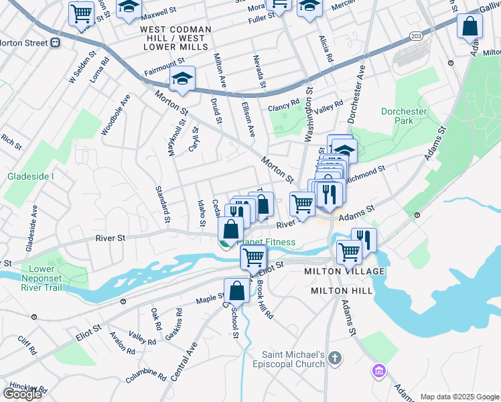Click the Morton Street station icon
point(56,43)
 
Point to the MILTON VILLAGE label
point(344,271)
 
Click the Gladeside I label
point(30,176)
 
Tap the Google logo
point(23,393)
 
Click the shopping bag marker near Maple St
point(236,291)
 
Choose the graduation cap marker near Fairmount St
point(182,79)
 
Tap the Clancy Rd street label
point(283,105)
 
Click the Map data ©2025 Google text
point(460,397)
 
